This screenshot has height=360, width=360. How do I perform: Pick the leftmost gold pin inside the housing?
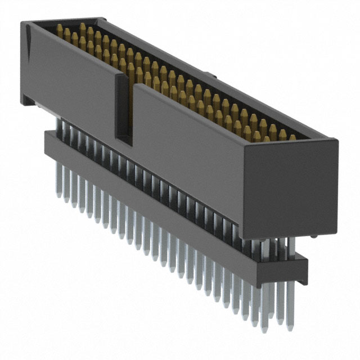coord(60,29)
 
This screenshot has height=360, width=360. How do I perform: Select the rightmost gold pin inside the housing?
coord(291,137)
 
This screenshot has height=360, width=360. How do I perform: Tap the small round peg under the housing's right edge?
coord(311,237)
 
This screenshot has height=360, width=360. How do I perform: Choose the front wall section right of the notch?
coord(186,152)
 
